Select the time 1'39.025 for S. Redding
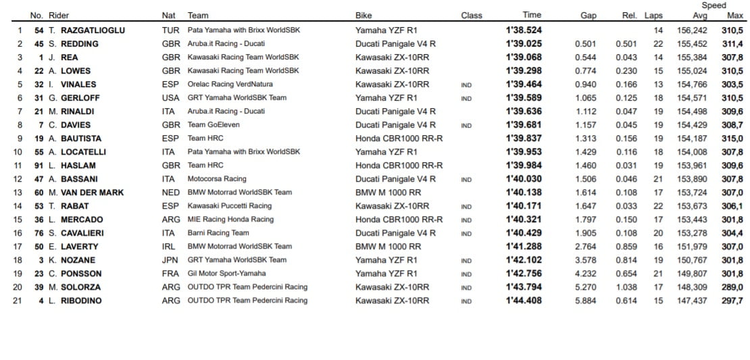tap(524, 44)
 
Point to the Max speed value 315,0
tap(732, 138)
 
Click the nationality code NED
tap(171, 192)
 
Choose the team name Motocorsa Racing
tap(217, 179)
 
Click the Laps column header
tap(653, 16)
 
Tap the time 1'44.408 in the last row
tap(524, 301)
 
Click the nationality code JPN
tap(171, 260)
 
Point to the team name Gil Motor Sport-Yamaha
tap(227, 274)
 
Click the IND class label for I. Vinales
tap(466, 84)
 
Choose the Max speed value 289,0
tap(732, 287)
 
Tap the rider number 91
tap(39, 165)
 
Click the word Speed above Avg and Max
tap(714, 5)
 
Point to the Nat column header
tap(169, 16)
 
